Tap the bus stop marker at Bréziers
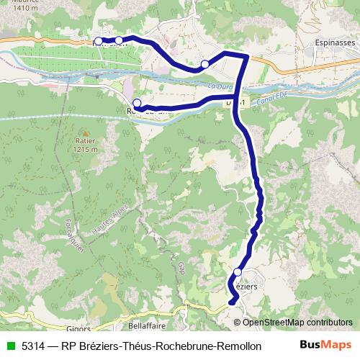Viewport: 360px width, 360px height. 238,272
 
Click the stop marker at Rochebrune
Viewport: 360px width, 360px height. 137,103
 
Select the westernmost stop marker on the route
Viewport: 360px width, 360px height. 98,41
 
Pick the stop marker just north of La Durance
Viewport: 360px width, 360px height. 204,65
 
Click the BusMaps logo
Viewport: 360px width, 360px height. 325,345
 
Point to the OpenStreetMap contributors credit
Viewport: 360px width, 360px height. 297,323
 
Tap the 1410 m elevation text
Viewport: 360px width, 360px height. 15,7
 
